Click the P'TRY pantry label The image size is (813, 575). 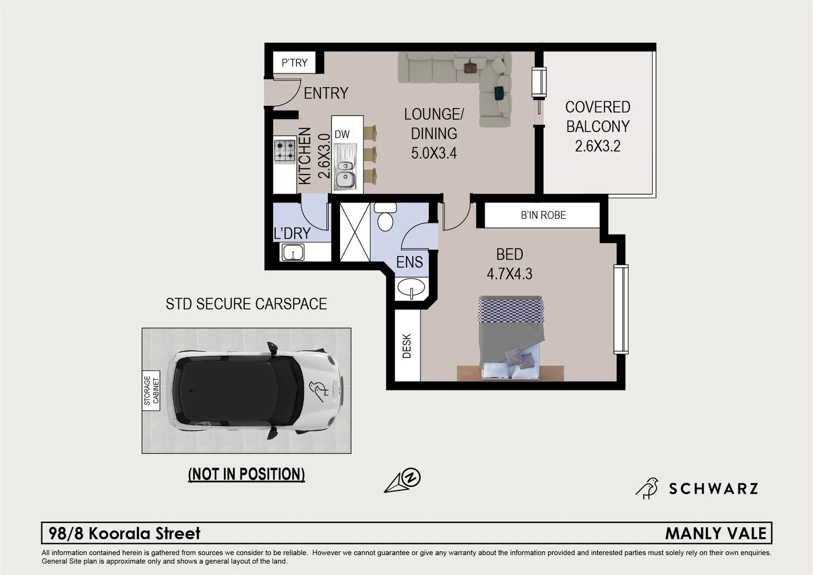click(294, 63)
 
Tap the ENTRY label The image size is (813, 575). click(326, 93)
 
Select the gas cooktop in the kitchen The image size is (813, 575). click(285, 151)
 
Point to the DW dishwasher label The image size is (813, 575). click(342, 134)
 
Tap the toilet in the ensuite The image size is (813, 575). click(385, 218)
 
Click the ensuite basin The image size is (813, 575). click(411, 288)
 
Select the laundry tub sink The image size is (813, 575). click(293, 252)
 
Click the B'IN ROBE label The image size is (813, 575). click(543, 215)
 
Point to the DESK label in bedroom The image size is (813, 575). click(407, 346)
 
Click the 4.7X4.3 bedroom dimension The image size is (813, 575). click(509, 274)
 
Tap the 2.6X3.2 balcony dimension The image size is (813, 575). click(598, 146)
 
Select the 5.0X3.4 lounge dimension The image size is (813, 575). click(434, 153)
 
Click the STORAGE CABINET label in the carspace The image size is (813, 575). click(152, 391)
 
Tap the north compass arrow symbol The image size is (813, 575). click(403, 480)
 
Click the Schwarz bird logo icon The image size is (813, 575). click(647, 488)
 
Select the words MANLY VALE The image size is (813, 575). click(716, 533)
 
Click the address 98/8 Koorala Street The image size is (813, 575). click(125, 533)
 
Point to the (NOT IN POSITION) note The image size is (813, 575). click(246, 474)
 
